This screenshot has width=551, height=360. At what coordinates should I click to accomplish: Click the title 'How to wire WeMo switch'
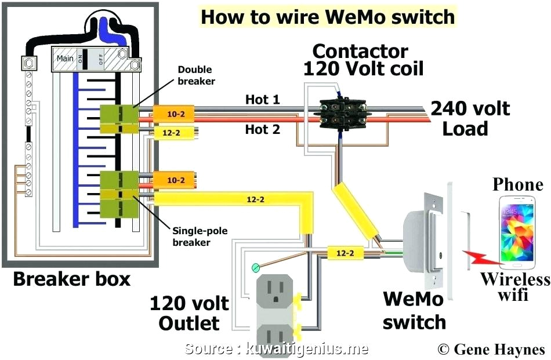(x=328, y=17)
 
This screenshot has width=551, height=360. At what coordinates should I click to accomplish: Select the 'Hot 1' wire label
(x=262, y=100)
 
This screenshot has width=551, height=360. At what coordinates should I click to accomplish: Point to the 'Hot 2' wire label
(x=262, y=129)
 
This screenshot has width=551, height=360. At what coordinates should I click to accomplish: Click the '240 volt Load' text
(x=469, y=118)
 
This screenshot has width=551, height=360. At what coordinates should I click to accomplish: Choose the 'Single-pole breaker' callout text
(x=200, y=237)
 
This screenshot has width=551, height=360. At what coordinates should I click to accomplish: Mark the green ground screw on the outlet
(x=254, y=268)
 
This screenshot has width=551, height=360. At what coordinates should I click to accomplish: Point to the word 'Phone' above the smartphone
(x=518, y=185)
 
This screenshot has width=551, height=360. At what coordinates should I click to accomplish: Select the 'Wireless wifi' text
(x=514, y=287)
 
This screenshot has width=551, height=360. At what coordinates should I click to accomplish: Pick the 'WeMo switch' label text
(x=414, y=310)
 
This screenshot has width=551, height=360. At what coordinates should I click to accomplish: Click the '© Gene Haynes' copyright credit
(x=491, y=349)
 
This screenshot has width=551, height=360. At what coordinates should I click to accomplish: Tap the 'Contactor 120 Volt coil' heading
(x=364, y=60)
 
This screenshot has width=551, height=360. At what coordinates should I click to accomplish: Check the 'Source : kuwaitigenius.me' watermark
(x=277, y=348)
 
